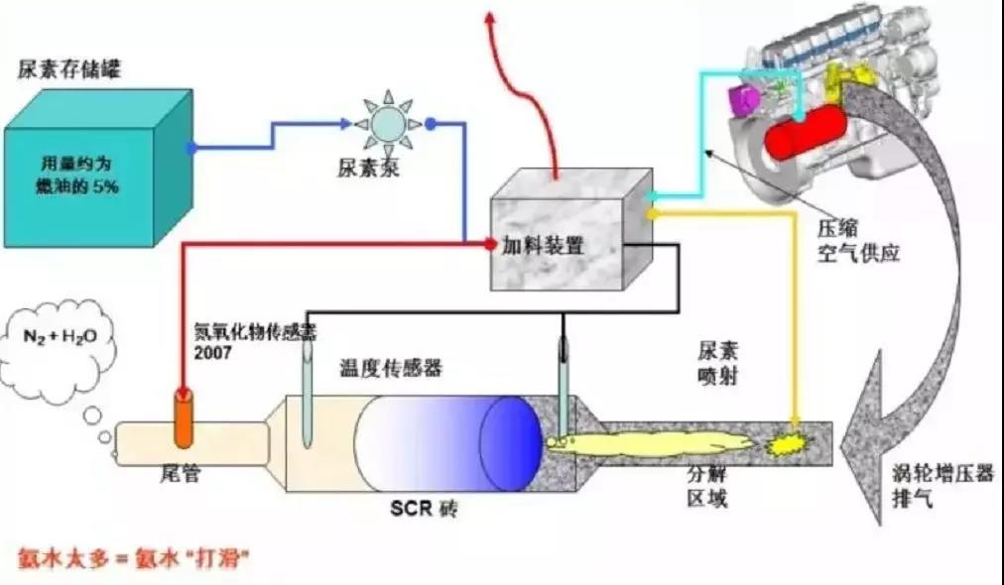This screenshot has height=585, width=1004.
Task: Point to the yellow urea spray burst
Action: pos(784,443)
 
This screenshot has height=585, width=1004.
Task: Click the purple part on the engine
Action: pos(742,99)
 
